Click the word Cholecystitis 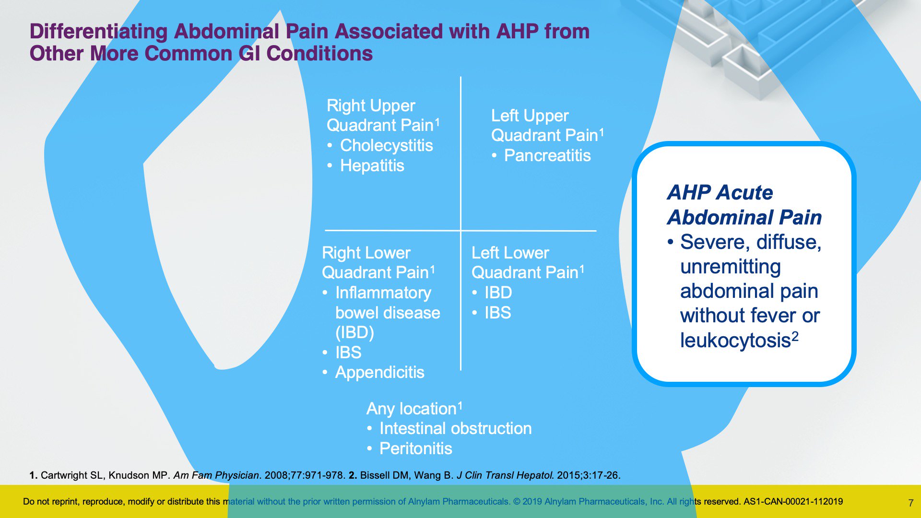pyautogui.click(x=386, y=145)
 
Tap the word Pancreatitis pyautogui.click(x=547, y=155)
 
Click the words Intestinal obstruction pyautogui.click(x=455, y=428)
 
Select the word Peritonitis pyautogui.click(x=415, y=448)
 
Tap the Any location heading pyautogui.click(x=414, y=409)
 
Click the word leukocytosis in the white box pyautogui.click(x=735, y=341)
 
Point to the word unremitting pyautogui.click(x=730, y=267)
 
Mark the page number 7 pyautogui.click(x=910, y=503)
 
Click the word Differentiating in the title pyautogui.click(x=98, y=32)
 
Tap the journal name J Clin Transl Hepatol pyautogui.click(x=505, y=475)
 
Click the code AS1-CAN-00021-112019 pyautogui.click(x=793, y=502)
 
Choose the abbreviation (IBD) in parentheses pyautogui.click(x=354, y=332)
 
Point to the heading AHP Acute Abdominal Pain pyautogui.click(x=744, y=205)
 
